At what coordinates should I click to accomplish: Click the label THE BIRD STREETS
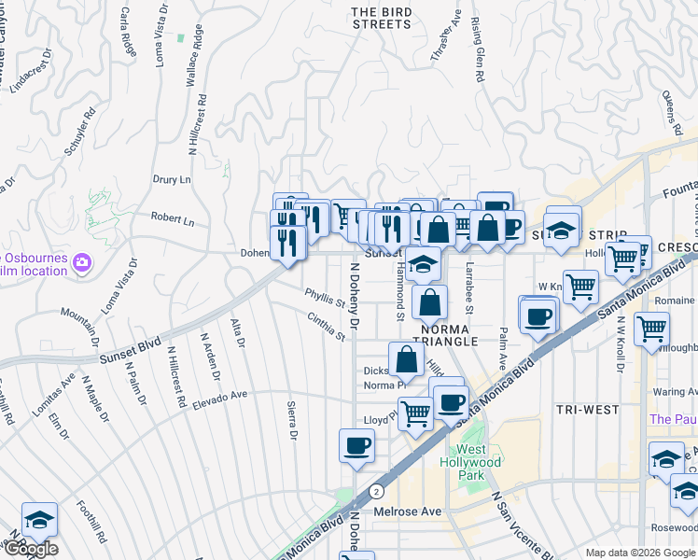pos(382,18)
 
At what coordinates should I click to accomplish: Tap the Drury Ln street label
pos(172,178)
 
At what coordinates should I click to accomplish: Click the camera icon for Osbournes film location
pos(82,264)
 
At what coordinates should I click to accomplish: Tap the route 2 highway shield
pos(375,490)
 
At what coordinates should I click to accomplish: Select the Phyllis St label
pos(326,299)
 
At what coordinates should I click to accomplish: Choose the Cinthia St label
pos(328,326)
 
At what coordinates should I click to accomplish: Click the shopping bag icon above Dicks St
pos(407,360)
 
